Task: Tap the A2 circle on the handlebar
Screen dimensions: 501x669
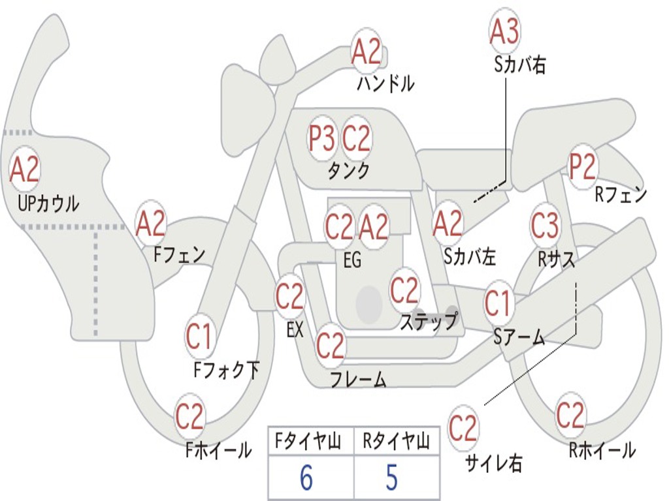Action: (x=367, y=52)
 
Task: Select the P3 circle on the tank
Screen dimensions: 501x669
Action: (x=322, y=138)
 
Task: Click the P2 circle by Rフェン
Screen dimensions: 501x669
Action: (x=582, y=168)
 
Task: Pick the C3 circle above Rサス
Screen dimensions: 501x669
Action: (x=545, y=226)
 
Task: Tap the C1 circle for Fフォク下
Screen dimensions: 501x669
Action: (x=199, y=337)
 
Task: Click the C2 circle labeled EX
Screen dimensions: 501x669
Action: (x=290, y=297)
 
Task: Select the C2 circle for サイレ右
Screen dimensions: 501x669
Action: (x=463, y=429)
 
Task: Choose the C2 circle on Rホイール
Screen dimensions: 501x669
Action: (x=570, y=416)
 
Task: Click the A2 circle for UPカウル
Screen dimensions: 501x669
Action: (x=25, y=170)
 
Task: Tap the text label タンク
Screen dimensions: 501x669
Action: (x=348, y=171)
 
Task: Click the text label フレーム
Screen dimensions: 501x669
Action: (x=358, y=379)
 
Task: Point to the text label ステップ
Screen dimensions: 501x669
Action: (x=429, y=322)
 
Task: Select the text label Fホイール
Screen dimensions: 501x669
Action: (x=219, y=450)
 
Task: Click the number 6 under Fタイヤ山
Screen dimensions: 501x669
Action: (x=306, y=478)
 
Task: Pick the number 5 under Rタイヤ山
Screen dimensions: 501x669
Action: (x=392, y=478)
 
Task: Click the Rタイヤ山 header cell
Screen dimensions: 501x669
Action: (x=396, y=442)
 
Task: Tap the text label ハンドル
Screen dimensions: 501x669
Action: (x=385, y=83)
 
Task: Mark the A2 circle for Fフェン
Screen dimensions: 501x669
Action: (x=151, y=224)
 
